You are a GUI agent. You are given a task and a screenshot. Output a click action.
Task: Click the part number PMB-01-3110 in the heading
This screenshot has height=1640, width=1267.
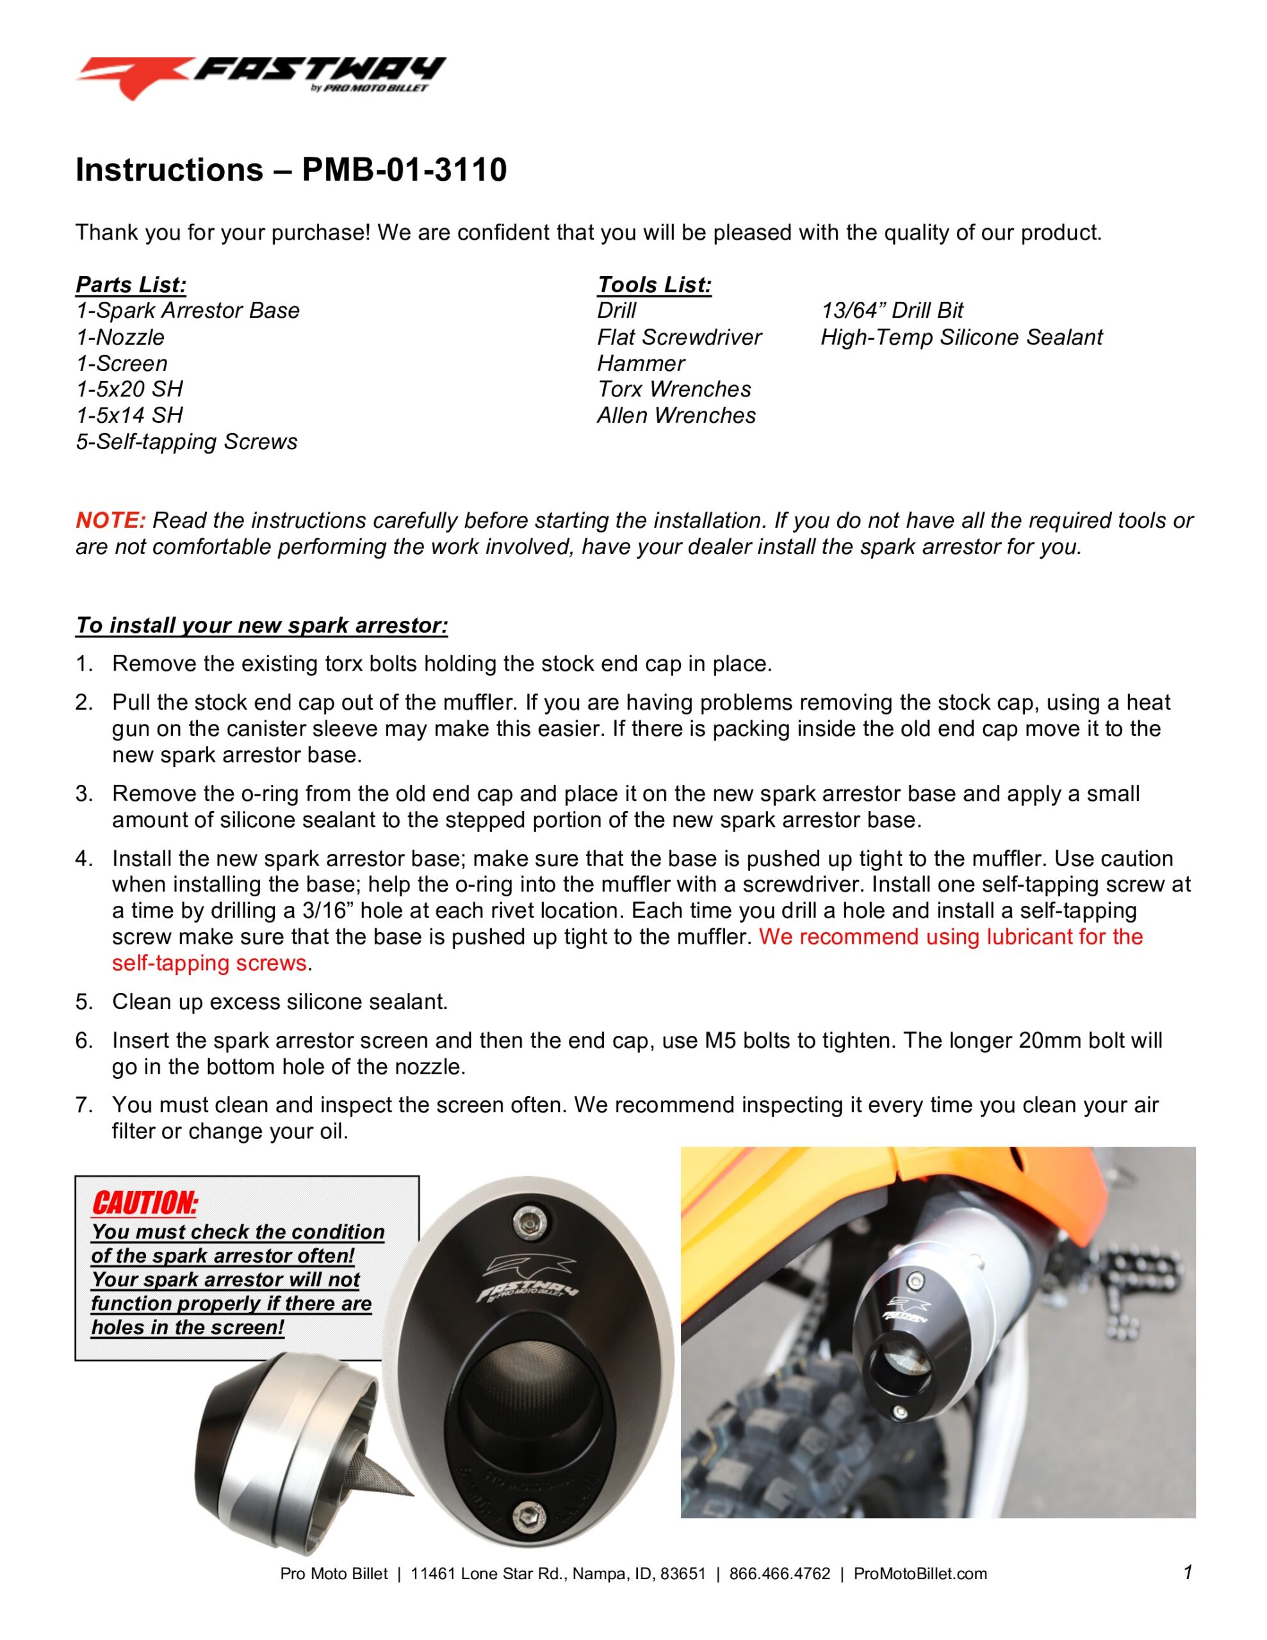[404, 170]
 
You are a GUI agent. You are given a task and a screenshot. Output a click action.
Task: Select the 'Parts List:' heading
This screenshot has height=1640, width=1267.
[131, 284]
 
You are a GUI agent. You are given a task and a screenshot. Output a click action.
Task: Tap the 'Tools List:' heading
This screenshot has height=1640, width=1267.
[653, 284]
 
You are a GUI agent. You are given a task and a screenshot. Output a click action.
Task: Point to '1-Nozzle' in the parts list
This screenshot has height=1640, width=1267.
[120, 337]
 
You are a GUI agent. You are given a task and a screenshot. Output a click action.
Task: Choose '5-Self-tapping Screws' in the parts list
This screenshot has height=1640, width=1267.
[186, 441]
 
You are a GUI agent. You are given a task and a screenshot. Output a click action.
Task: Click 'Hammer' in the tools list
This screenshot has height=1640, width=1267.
[640, 363]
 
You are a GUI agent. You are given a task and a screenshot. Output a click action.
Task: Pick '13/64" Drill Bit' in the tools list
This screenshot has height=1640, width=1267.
[892, 310]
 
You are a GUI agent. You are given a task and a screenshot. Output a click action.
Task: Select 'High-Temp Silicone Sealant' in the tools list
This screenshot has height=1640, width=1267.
[961, 337]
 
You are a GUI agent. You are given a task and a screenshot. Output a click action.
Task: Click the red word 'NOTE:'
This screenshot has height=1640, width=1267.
[110, 520]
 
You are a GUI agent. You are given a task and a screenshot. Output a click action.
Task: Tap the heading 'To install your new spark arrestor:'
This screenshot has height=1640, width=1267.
[261, 625]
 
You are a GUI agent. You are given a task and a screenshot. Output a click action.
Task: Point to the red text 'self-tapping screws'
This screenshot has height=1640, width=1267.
[209, 963]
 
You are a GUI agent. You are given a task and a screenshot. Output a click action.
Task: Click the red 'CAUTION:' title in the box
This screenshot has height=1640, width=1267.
[145, 1203]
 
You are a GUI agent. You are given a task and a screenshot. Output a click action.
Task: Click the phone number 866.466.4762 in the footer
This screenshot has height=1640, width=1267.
[780, 1574]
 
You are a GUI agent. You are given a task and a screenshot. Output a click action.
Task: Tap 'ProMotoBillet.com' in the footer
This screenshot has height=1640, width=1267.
[920, 1574]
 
